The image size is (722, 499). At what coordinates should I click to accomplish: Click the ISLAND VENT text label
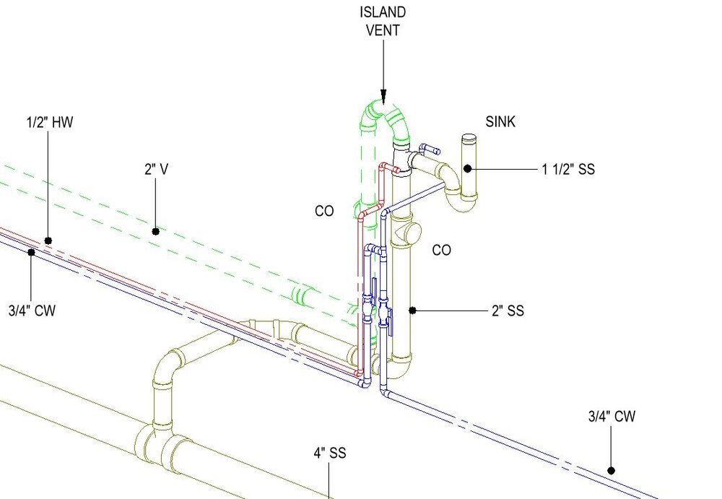[x=383, y=22]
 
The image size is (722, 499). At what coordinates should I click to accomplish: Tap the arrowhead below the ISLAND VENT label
[x=383, y=97]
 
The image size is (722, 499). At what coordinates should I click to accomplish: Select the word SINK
[x=500, y=122]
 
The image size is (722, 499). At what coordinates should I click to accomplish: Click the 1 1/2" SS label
[x=568, y=170]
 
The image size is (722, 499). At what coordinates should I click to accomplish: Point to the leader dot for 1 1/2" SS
[x=468, y=169]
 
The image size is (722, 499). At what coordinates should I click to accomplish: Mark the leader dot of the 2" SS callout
[x=412, y=311]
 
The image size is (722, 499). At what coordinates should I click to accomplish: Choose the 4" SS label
[x=329, y=454]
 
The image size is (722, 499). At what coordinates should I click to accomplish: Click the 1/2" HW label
[x=49, y=123]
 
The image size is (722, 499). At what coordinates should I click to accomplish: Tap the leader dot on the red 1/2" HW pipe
[x=48, y=240]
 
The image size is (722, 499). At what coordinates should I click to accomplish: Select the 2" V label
[x=156, y=170]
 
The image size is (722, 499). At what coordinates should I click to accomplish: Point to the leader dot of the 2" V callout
[x=155, y=231]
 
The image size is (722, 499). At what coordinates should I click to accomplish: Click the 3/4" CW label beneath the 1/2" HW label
[x=32, y=311]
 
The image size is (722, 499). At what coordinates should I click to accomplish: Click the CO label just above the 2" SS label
[x=441, y=251]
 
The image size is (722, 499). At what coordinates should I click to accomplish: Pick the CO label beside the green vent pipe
[x=324, y=212]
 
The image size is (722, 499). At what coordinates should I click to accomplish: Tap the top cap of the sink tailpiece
[x=469, y=137]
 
